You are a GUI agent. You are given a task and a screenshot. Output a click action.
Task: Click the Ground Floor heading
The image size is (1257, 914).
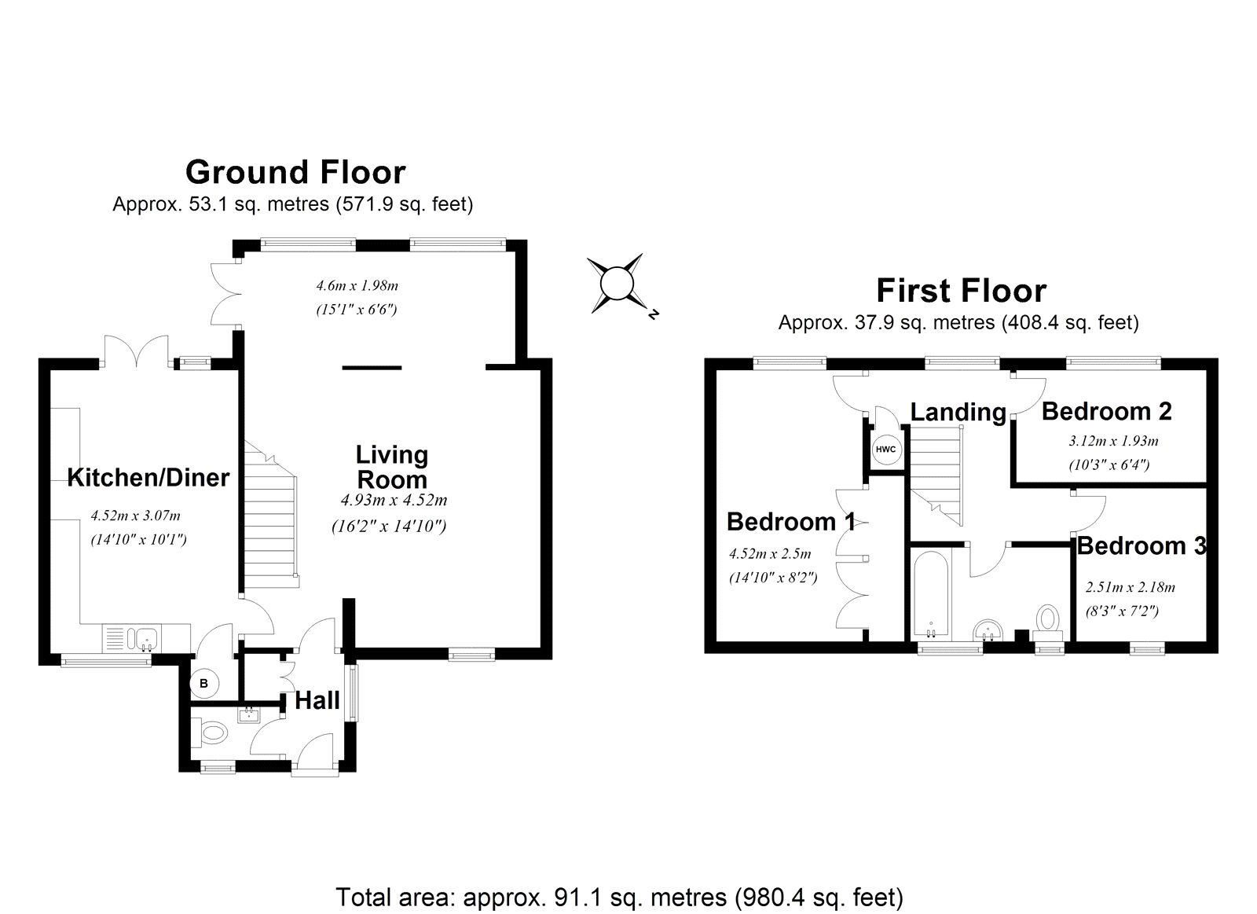[295, 171]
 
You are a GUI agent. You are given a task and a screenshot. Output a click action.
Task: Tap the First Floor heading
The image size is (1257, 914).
[961, 291]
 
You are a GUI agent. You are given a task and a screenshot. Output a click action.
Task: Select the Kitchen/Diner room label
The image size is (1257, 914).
[148, 477]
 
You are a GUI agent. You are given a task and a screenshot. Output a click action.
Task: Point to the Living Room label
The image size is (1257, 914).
[391, 467]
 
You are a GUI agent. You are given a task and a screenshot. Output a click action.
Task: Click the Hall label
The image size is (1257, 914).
[317, 700]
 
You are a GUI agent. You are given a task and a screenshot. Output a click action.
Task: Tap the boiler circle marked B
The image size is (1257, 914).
[203, 684]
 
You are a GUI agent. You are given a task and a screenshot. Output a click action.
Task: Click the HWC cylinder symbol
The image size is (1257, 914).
[885, 449]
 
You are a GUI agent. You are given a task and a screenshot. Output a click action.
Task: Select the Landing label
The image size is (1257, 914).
[958, 412]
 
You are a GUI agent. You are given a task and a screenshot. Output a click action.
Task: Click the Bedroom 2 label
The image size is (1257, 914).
[1106, 411]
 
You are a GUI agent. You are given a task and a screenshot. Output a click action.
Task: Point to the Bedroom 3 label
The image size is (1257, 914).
[1141, 545]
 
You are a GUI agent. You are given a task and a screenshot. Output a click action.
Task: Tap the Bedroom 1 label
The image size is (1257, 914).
[791, 521]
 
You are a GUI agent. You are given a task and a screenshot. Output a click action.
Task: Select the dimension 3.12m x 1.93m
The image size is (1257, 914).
[1113, 441]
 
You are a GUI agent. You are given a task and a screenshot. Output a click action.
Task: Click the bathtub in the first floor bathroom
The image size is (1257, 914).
[931, 595]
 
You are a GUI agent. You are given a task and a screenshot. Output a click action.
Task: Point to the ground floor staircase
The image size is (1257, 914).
[272, 519]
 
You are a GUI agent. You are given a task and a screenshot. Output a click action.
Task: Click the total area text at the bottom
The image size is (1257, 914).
[619, 897]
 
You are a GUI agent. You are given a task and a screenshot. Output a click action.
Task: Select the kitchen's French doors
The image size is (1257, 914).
[137, 352]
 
